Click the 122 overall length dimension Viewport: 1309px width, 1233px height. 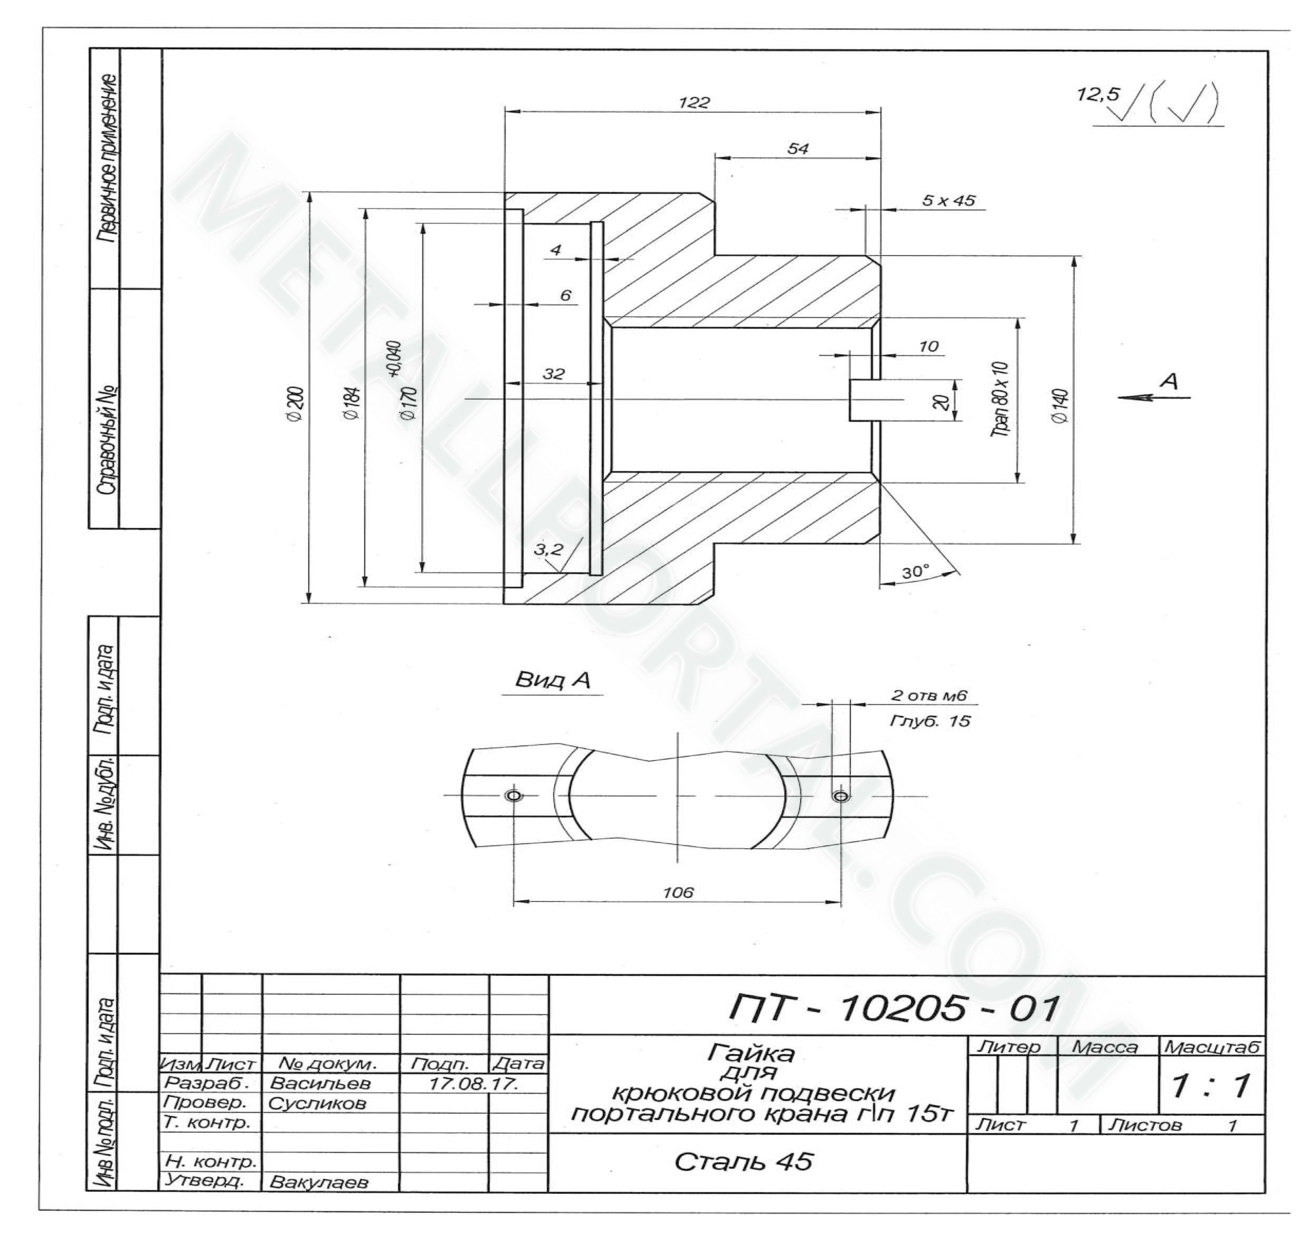tap(694, 103)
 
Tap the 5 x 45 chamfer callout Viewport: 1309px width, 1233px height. tap(948, 200)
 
